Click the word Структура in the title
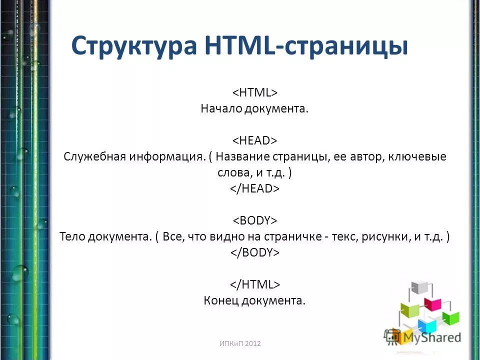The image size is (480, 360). pyautogui.click(x=134, y=46)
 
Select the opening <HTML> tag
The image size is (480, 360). pyautogui.click(x=254, y=92)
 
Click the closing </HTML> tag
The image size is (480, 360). pyautogui.click(x=254, y=284)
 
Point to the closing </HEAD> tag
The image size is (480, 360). pyautogui.click(x=254, y=188)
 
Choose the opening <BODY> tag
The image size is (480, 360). pyautogui.click(x=254, y=220)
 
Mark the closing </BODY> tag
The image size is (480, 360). pyautogui.click(x=254, y=252)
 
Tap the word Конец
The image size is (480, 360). pyautogui.click(x=221, y=300)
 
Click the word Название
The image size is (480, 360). pyautogui.click(x=243, y=156)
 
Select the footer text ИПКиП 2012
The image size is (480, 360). pyautogui.click(x=240, y=343)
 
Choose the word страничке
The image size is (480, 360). pyautogui.click(x=293, y=236)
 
